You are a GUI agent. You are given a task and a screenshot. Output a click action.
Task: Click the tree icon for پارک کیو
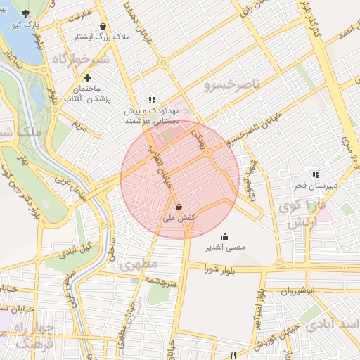27,13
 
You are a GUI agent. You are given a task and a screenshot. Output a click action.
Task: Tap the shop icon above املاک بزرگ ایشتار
103,26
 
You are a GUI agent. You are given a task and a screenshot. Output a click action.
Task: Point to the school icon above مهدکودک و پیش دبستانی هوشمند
151,100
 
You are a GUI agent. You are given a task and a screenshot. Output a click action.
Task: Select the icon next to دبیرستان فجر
316,174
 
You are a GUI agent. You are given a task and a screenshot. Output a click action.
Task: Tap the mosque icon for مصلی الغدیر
225,236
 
